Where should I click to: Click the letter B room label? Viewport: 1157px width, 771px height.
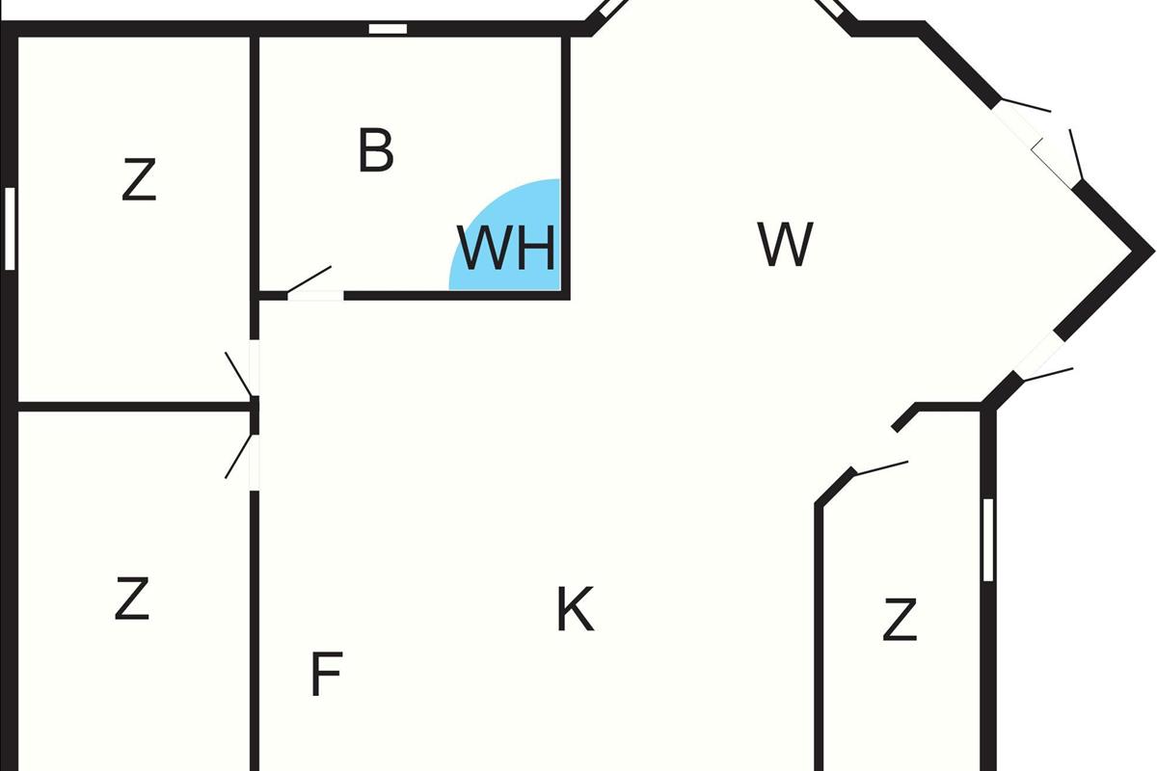coord(375,151)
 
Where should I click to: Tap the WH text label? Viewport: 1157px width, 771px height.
coord(507,249)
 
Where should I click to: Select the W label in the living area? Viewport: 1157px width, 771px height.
coord(786,245)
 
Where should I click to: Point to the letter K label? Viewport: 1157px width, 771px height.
coord(575,609)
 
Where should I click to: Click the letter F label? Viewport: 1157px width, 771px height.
coord(326,675)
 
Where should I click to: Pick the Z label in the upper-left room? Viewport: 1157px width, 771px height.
coord(139,180)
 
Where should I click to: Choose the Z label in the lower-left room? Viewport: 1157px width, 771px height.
coord(132,598)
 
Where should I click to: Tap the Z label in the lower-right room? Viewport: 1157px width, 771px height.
coord(899,620)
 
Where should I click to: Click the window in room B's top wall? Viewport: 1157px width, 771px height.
coord(388,29)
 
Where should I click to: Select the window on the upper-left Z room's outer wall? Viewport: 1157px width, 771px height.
coord(11,228)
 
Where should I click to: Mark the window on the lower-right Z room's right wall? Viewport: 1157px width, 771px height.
coord(987,540)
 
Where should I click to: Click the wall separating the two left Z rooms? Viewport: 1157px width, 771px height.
coord(135,407)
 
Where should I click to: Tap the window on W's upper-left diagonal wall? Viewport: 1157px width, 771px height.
coord(609,13)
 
